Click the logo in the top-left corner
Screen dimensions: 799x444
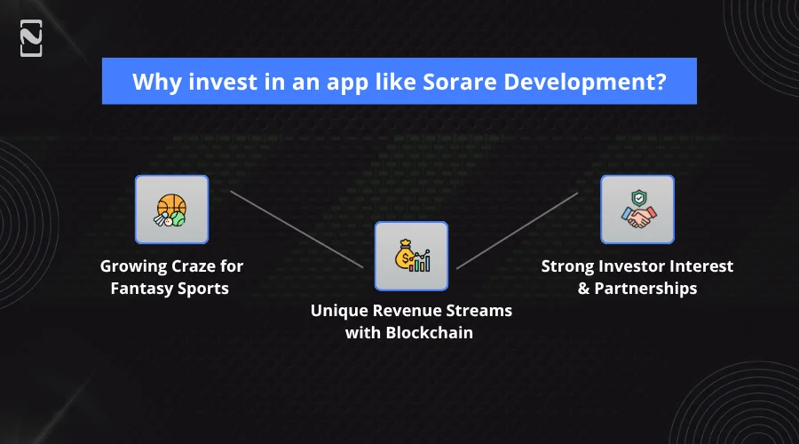(31, 38)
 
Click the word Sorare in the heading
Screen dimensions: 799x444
(459, 82)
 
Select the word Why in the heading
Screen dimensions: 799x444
(156, 82)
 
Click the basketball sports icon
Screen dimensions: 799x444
(170, 210)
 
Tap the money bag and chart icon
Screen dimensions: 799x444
(412, 256)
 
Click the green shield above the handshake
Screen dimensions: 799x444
(639, 198)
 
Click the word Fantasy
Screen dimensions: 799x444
(142, 289)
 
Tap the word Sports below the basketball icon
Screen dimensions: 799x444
(203, 289)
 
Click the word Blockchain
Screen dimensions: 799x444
(429, 333)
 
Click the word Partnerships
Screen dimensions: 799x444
(645, 289)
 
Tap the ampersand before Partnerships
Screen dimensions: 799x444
(583, 289)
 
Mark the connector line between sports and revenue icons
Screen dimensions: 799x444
(297, 229)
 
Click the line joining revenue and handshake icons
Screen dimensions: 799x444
(518, 230)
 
